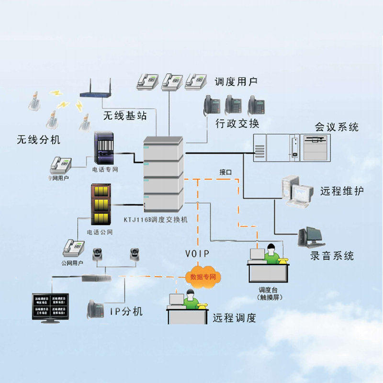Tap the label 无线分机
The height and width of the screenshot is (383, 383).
click(39, 140)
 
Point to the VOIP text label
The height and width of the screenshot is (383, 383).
click(197, 254)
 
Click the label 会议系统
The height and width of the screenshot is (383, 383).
click(337, 127)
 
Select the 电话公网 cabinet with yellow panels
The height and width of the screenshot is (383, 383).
click(101, 205)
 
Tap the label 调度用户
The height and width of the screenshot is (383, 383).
click(236, 81)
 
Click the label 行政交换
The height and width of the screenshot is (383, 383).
click(237, 124)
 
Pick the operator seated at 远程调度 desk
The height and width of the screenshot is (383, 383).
click(191, 300)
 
